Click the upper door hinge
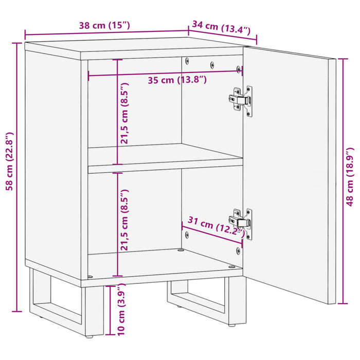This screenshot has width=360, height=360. click(x=241, y=99)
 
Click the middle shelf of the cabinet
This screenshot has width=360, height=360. click(x=165, y=156)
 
